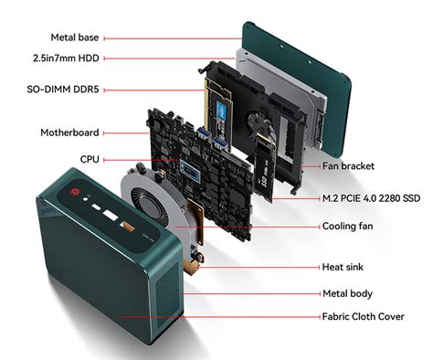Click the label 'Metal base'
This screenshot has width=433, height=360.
coord(76,37)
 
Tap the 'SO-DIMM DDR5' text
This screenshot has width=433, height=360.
coord(64,90)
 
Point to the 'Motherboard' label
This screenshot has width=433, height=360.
coord(69,132)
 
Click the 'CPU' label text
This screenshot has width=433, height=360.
coord(90,158)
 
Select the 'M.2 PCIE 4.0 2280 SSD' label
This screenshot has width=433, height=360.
coord(371,197)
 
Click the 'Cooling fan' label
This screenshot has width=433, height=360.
coord(352,226)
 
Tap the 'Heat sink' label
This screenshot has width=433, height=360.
coord(344,268)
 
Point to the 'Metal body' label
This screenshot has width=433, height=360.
coord(347,294)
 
